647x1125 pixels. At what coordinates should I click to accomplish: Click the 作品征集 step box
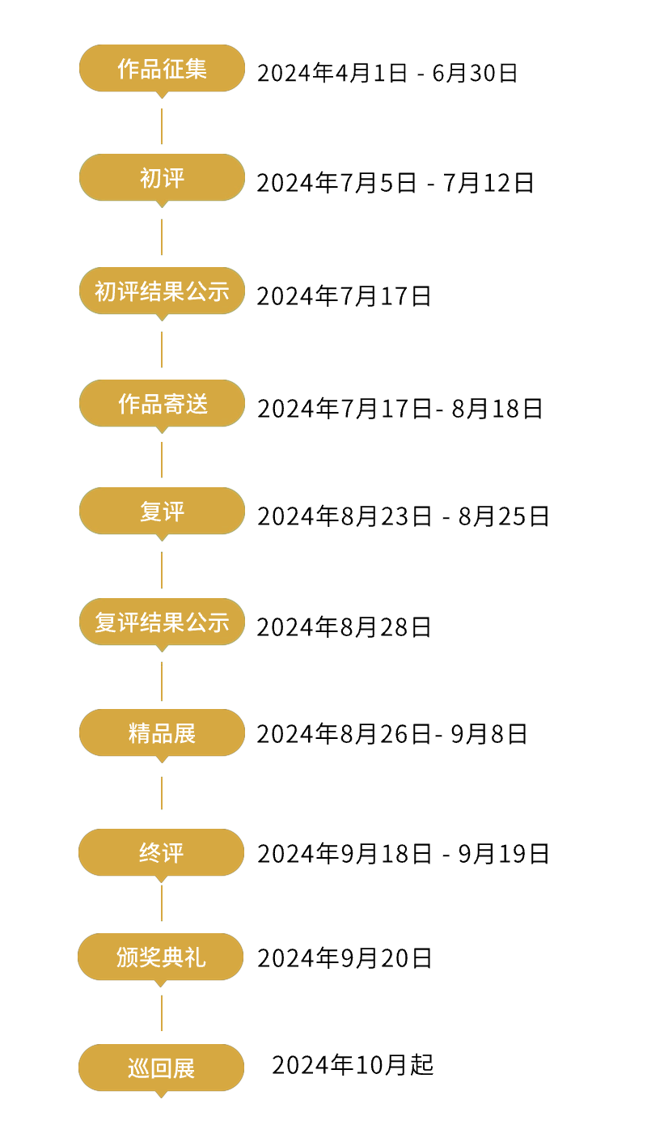162,69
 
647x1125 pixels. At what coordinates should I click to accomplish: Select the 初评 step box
162,178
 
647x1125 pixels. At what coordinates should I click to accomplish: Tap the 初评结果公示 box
162,291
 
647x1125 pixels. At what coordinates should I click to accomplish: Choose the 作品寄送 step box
162,403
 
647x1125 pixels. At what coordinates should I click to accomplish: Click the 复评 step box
162,512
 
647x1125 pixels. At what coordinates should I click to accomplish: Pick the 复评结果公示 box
162,622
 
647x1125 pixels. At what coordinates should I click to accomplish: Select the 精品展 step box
162,733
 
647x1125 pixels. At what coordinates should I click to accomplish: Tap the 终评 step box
161,853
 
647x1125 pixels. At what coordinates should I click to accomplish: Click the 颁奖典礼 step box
160,957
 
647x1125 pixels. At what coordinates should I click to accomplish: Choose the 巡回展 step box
161,1068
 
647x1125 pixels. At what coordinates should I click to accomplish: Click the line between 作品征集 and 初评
162,126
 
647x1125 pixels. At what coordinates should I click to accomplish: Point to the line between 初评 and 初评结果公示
162,236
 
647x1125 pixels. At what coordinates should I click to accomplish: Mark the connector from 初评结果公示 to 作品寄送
162,349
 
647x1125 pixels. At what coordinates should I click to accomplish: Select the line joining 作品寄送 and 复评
162,460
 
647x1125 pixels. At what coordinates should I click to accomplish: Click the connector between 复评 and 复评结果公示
162,570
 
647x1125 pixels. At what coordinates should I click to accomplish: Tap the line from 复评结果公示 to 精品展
162,681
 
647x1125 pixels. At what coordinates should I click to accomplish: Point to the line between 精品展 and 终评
162,792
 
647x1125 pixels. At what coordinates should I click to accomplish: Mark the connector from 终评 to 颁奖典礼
162,902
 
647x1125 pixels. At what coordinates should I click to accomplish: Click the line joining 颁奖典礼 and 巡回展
162,1012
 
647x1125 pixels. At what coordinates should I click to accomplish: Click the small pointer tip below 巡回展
161,1095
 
